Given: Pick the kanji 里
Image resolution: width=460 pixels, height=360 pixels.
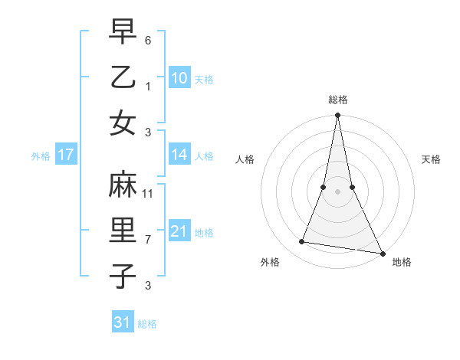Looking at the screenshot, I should [123, 231].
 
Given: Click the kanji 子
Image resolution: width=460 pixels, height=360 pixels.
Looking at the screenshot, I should [123, 277].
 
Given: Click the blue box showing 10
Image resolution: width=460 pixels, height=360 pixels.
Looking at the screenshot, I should [179, 77].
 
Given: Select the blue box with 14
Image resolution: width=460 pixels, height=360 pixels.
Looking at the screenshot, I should [179, 155].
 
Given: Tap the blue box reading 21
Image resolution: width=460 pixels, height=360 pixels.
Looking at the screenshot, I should [179, 231].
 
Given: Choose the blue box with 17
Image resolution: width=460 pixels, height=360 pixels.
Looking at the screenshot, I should [66, 155].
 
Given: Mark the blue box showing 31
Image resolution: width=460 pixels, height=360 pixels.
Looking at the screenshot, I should [123, 322].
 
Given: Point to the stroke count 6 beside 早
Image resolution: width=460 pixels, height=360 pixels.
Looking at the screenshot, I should [148, 39].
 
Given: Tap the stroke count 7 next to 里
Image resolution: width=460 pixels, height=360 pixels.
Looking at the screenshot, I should [148, 240].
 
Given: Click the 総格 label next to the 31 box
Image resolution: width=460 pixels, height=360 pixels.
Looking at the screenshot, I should [147, 324].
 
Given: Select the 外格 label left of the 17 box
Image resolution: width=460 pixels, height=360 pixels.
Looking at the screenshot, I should [41, 156].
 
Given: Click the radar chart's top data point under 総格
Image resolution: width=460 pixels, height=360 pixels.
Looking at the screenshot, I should [337, 116].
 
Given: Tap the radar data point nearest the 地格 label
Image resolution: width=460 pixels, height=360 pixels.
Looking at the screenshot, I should [381, 253].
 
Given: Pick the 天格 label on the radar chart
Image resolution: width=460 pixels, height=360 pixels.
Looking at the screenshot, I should [431, 159].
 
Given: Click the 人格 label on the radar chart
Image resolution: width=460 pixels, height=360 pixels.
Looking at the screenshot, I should [245, 159].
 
